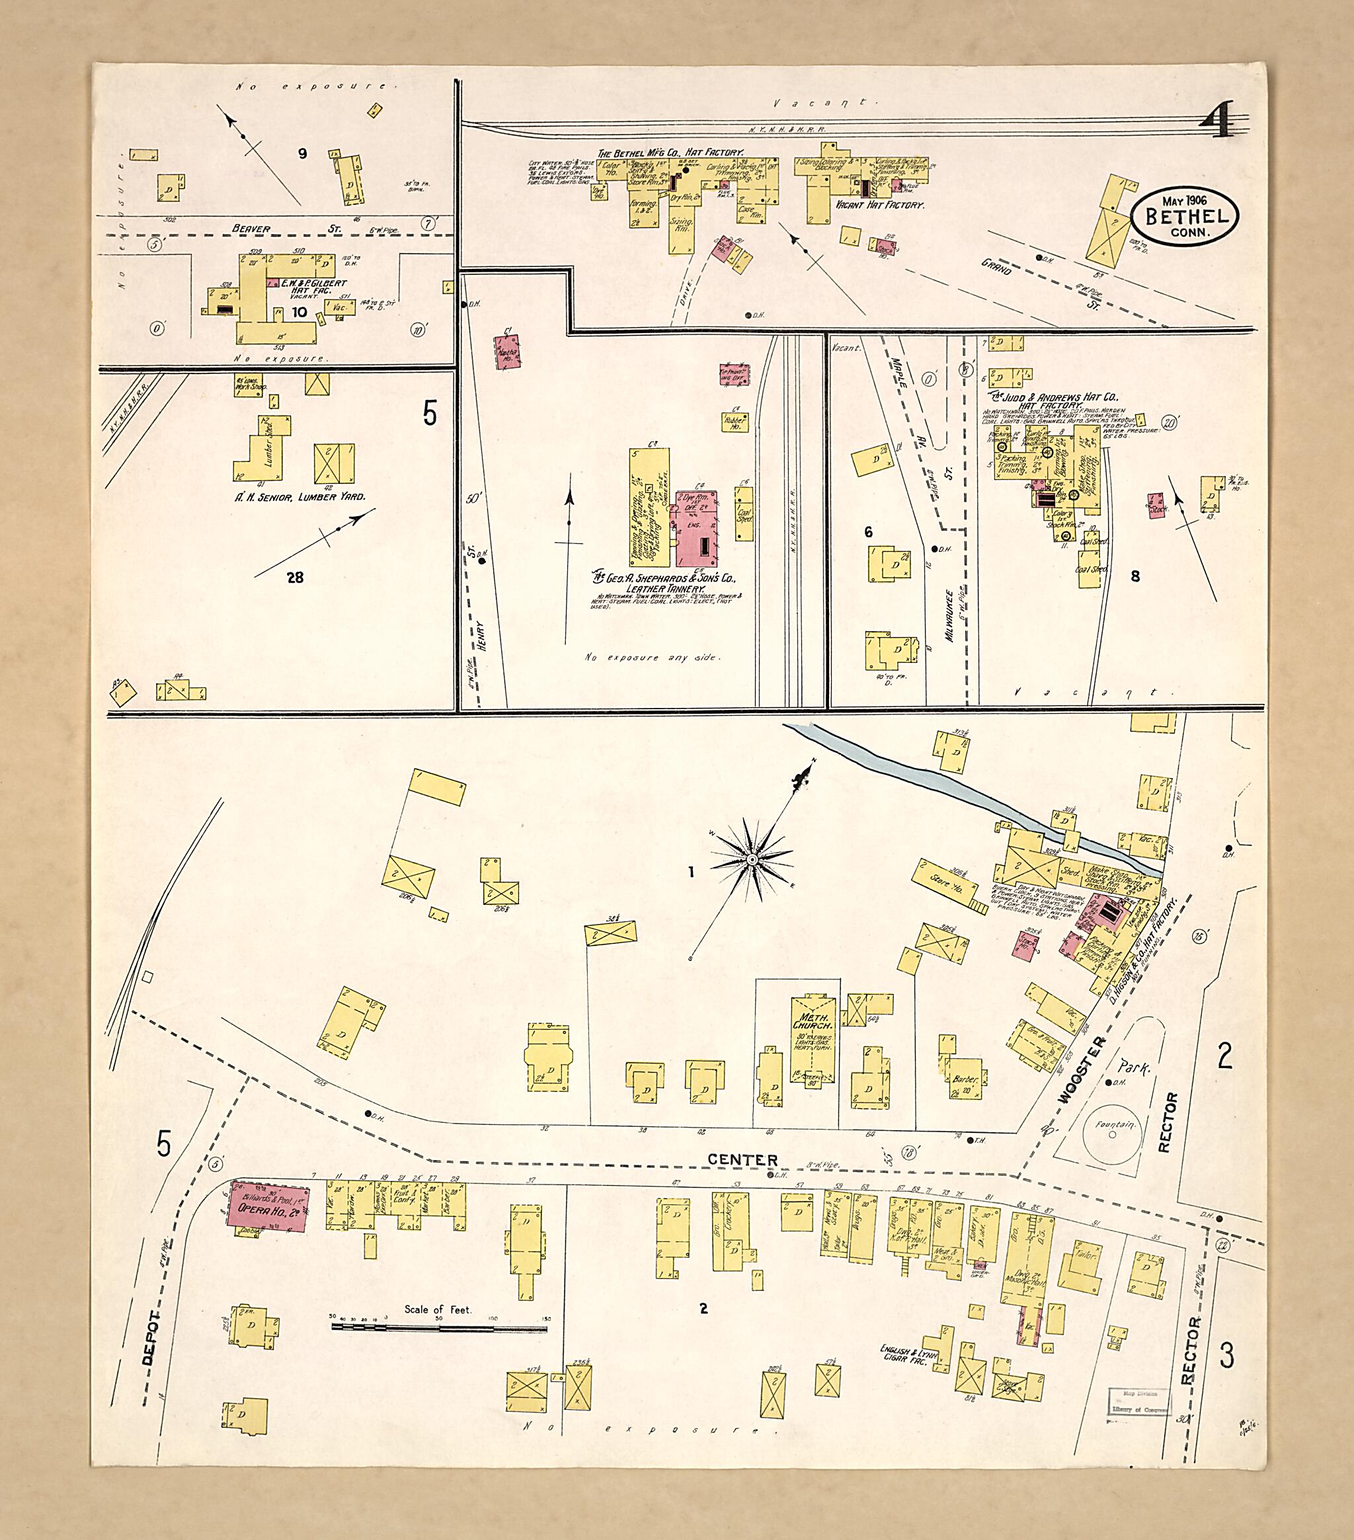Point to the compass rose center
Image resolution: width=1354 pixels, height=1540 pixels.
[x=751, y=860]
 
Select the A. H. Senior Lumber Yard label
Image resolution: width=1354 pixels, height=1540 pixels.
[x=301, y=496]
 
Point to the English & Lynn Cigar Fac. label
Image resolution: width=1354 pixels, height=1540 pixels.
[x=908, y=1354]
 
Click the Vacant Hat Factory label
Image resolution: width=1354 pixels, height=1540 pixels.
[x=878, y=205]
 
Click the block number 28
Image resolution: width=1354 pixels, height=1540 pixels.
[x=295, y=577]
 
